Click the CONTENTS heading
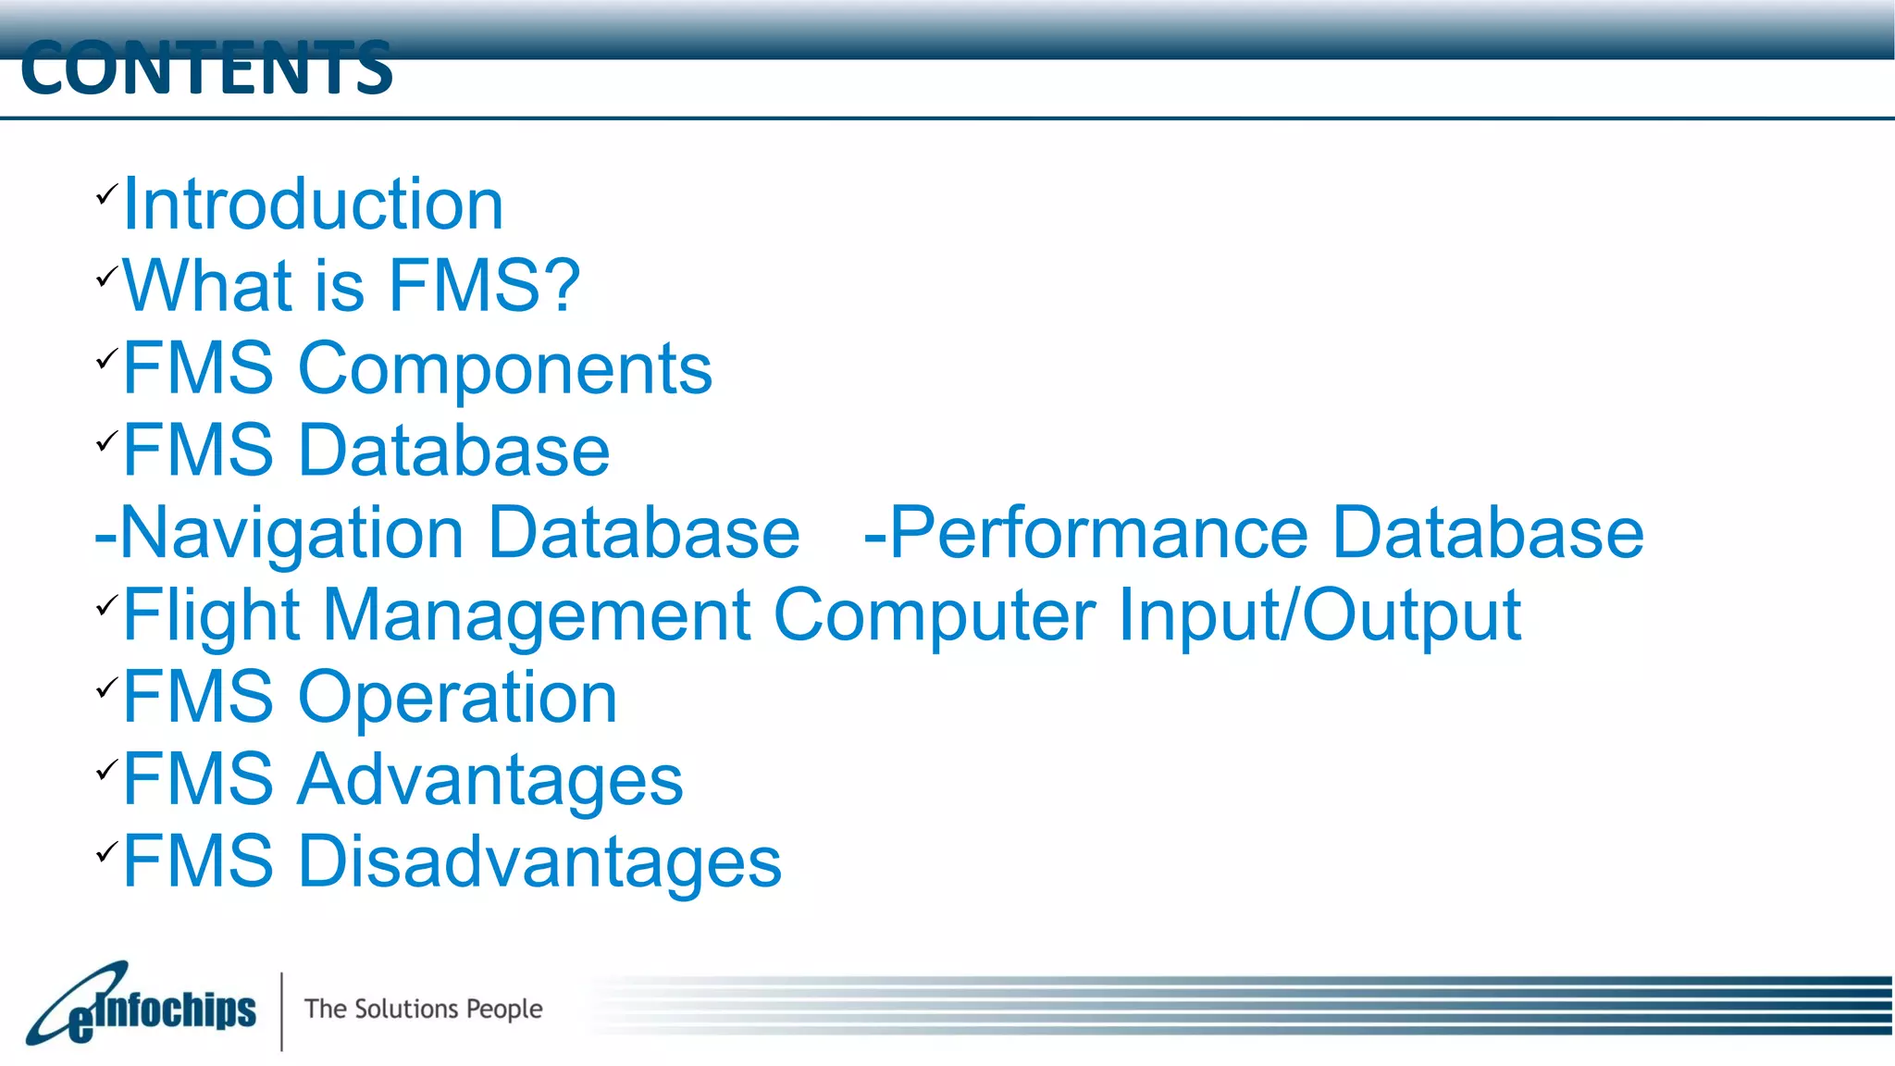pyautogui.click(x=206, y=68)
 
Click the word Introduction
pyautogui.click(x=313, y=204)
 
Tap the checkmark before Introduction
pyautogui.click(x=106, y=194)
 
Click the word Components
pyautogui.click(x=504, y=368)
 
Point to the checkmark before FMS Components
pyautogui.click(x=106, y=359)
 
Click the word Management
pyautogui.click(x=537, y=614)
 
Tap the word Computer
pyautogui.click(x=935, y=614)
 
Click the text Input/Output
pyautogui.click(x=1319, y=614)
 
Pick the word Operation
pyautogui.click(x=457, y=697)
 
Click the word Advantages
pyautogui.click(x=489, y=779)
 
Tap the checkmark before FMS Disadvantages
pyautogui.click(x=106, y=851)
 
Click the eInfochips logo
pyautogui.click(x=141, y=1006)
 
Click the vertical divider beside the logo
pyautogui.click(x=281, y=1010)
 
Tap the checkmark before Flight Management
pyautogui.click(x=106, y=606)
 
